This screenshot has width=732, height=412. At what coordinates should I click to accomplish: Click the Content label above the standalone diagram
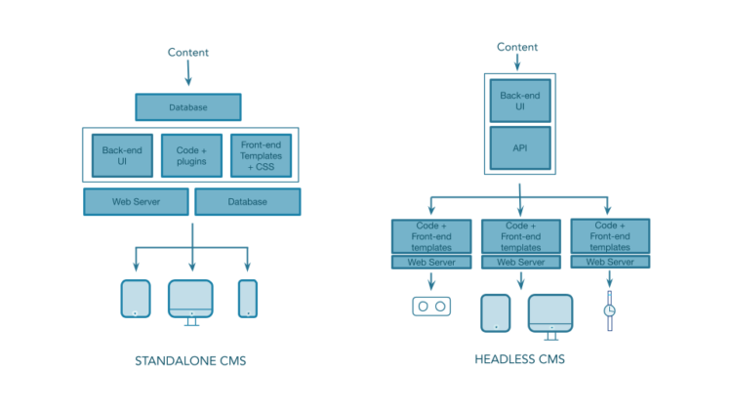188,53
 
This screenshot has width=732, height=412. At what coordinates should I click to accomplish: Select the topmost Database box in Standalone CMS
188,106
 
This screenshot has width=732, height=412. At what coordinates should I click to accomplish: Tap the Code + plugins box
191,155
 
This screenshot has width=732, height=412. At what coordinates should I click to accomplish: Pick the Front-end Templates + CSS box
261,155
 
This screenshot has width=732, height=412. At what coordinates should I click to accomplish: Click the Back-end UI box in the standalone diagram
122,155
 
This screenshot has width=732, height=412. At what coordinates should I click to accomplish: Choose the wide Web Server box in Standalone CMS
136,201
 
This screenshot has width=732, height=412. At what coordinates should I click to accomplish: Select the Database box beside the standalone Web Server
248,201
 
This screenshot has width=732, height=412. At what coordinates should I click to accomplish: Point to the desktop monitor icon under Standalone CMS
191,300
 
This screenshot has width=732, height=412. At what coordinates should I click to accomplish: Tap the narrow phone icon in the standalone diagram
248,299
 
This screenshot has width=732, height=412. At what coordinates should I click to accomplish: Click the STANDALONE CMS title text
190,361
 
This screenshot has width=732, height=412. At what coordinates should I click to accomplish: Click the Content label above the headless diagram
517,47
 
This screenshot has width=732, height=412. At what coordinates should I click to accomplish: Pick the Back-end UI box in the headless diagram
520,100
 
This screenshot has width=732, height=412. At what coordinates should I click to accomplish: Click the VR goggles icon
430,307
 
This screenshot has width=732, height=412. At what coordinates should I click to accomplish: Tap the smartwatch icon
610,309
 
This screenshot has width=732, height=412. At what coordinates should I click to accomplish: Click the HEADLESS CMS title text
519,359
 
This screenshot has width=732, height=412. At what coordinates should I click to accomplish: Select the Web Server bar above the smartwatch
610,262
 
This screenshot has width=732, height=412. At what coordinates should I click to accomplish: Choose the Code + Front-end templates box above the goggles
430,236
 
